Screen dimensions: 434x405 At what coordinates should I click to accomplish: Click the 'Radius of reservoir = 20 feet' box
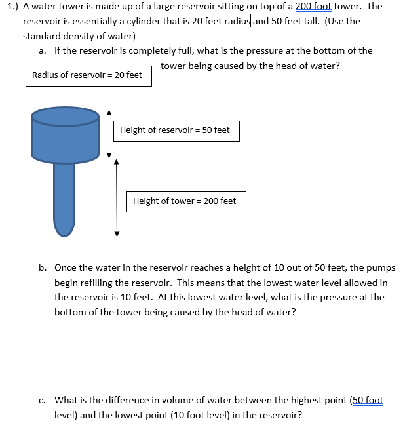click(88, 75)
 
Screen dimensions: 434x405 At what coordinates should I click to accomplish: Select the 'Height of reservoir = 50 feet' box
click(175, 130)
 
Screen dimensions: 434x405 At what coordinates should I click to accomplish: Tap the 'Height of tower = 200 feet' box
click(185, 201)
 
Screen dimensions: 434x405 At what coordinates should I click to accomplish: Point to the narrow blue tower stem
click(64, 197)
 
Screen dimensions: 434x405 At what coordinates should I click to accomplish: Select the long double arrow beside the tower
click(117, 198)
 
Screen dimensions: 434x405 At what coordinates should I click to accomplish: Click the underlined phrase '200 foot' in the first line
click(313, 6)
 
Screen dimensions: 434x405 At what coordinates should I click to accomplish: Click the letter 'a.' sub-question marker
click(43, 50)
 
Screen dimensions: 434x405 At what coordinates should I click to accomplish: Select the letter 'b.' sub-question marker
click(43, 267)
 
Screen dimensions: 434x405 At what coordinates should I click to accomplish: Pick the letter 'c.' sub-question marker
click(43, 400)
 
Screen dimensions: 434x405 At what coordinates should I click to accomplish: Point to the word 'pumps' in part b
click(381, 267)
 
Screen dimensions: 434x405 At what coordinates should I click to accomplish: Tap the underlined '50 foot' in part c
click(368, 400)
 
